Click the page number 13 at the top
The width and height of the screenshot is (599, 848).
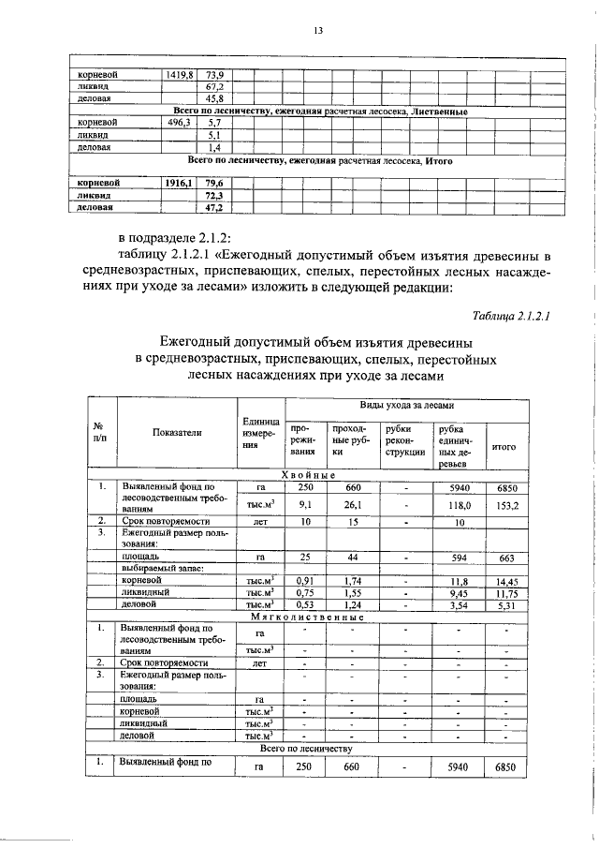click(318, 31)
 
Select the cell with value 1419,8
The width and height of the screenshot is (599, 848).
click(180, 73)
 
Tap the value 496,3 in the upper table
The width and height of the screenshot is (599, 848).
click(180, 123)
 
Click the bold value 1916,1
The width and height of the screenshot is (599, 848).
click(180, 183)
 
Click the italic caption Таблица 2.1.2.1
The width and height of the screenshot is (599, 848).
click(511, 316)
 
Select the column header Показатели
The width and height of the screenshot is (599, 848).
click(176, 433)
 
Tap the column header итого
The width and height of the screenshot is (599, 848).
click(504, 447)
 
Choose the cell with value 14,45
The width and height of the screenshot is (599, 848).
click(506, 581)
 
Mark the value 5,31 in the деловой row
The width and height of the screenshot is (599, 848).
click(506, 605)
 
